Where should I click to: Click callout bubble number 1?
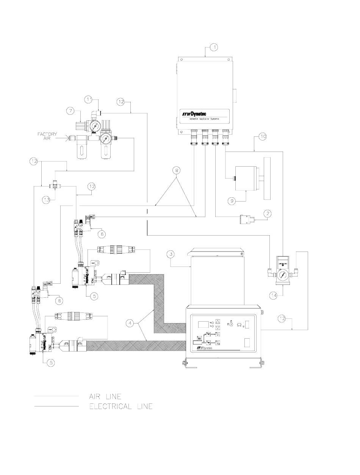point(214,47)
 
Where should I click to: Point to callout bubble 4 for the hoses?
point(130,323)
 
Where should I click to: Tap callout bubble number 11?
point(88,99)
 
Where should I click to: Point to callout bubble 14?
point(282,294)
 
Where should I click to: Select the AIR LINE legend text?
point(105,397)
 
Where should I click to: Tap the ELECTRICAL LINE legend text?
point(121,407)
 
